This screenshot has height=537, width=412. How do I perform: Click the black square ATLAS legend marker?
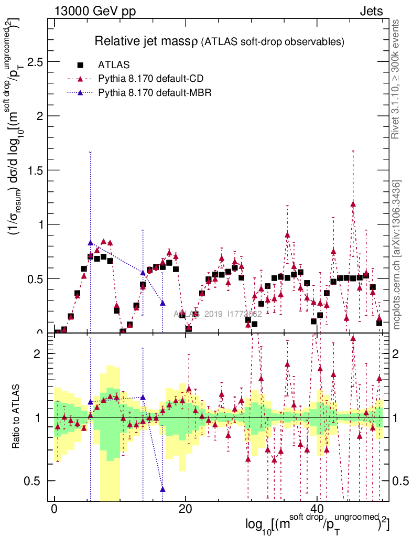click(80, 65)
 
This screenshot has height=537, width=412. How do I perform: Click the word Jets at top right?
click(371, 11)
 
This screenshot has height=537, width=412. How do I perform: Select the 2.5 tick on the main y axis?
click(35, 62)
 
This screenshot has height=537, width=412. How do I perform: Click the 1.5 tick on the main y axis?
click(35, 170)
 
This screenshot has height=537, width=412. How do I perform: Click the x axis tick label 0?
click(54, 509)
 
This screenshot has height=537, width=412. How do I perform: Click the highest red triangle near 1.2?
click(353, 203)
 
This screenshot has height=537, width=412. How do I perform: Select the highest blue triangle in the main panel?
click(90, 243)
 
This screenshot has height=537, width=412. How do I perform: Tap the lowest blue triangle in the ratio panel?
click(162, 489)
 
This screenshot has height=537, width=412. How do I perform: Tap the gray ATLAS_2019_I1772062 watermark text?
click(218, 314)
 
